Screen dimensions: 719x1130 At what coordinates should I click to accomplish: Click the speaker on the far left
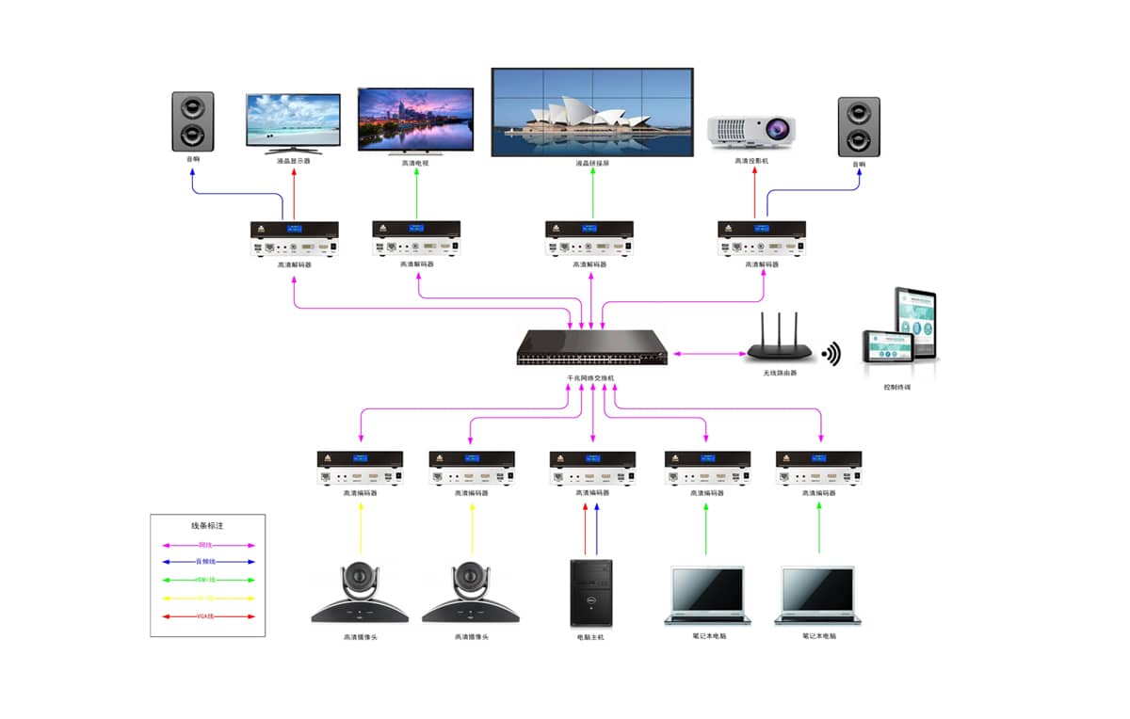pyautogui.click(x=192, y=121)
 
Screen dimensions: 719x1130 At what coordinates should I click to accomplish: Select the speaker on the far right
pyautogui.click(x=858, y=126)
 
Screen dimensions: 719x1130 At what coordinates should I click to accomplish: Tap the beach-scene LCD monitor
pyautogui.click(x=293, y=121)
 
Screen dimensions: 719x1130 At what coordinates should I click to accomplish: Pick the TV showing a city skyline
pyautogui.click(x=415, y=118)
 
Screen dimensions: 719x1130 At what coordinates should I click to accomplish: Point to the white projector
pyautogui.click(x=751, y=131)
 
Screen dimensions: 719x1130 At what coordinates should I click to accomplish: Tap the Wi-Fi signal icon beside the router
pyautogui.click(x=831, y=354)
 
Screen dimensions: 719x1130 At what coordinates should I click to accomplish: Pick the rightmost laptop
pyautogui.click(x=818, y=596)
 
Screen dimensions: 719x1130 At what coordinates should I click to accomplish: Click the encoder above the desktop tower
pyautogui.click(x=592, y=468)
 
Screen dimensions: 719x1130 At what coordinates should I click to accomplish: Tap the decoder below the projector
pyautogui.click(x=761, y=238)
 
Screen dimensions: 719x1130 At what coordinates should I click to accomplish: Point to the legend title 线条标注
pyautogui.click(x=207, y=526)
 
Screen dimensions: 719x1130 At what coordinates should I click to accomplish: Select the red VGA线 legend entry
pyautogui.click(x=207, y=616)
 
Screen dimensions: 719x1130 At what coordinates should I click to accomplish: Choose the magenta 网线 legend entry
pyautogui.click(x=207, y=545)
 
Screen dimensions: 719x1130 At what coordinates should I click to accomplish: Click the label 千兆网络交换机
pyautogui.click(x=590, y=377)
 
